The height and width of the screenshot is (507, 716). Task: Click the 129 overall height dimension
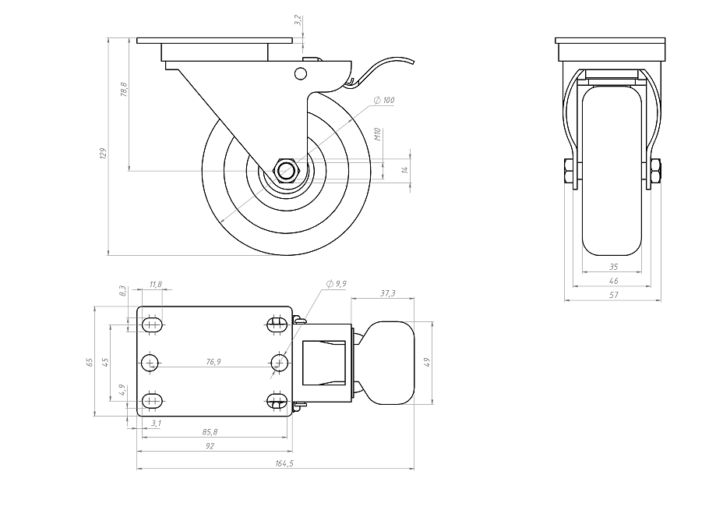(x=103, y=153)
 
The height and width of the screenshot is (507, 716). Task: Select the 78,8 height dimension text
(x=123, y=90)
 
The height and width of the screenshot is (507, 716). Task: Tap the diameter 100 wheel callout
(x=384, y=100)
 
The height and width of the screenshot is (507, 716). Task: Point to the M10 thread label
(x=377, y=134)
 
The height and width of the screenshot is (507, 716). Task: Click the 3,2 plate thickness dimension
(x=298, y=19)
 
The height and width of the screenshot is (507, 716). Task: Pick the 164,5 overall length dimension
(x=284, y=463)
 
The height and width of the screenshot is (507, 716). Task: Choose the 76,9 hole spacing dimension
(x=213, y=362)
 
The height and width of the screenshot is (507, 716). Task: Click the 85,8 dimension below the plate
(x=210, y=431)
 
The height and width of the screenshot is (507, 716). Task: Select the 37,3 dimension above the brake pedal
(x=388, y=293)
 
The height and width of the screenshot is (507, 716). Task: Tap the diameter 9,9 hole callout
(x=336, y=284)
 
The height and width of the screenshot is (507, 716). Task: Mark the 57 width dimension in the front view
(x=614, y=295)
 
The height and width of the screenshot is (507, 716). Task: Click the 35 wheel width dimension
(x=614, y=267)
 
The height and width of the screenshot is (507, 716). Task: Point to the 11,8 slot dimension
(x=155, y=285)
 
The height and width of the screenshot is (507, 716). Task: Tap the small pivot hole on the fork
(x=300, y=73)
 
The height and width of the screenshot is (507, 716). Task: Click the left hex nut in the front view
(x=569, y=172)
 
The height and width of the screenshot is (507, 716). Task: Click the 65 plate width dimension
(x=90, y=362)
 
